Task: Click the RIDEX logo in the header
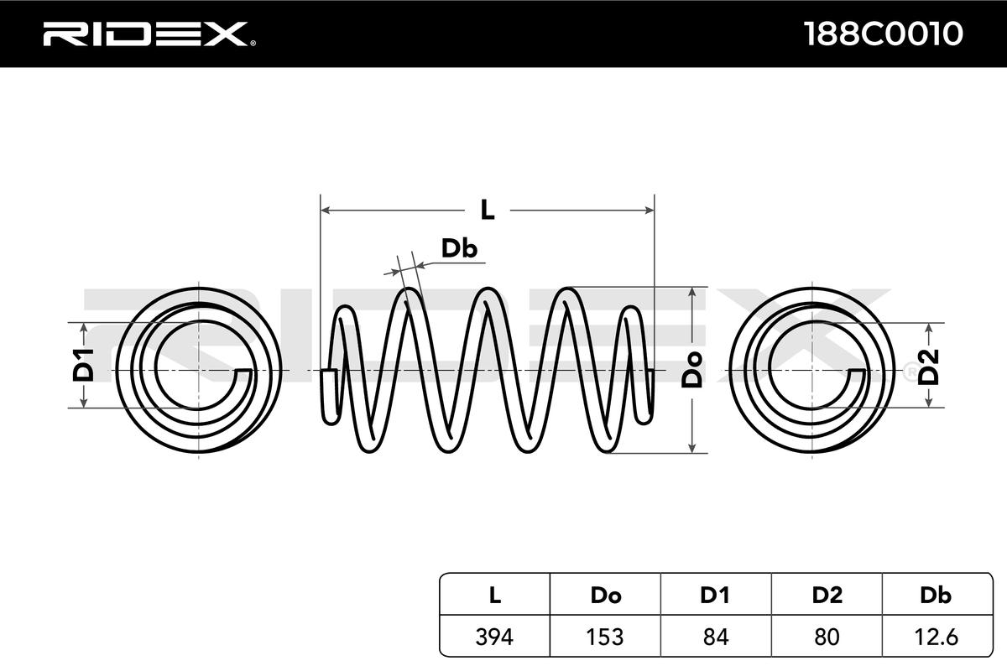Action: [144, 34]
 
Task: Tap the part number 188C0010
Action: [882, 34]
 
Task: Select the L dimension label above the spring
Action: [487, 210]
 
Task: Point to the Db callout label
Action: [459, 248]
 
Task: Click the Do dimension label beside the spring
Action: [692, 369]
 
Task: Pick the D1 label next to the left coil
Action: [83, 366]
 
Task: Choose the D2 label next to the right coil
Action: [928, 367]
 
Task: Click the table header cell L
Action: [495, 596]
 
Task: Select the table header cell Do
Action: [605, 596]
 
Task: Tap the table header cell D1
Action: [715, 596]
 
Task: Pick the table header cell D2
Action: [827, 596]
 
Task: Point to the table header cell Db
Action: [936, 596]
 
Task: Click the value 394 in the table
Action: [495, 637]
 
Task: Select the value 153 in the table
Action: [605, 637]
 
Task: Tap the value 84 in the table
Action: [715, 637]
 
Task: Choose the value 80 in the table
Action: [827, 637]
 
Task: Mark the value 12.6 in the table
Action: [936, 637]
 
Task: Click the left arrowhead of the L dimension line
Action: [326, 210]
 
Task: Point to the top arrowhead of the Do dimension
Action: [692, 293]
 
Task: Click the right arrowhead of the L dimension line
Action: [648, 210]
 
